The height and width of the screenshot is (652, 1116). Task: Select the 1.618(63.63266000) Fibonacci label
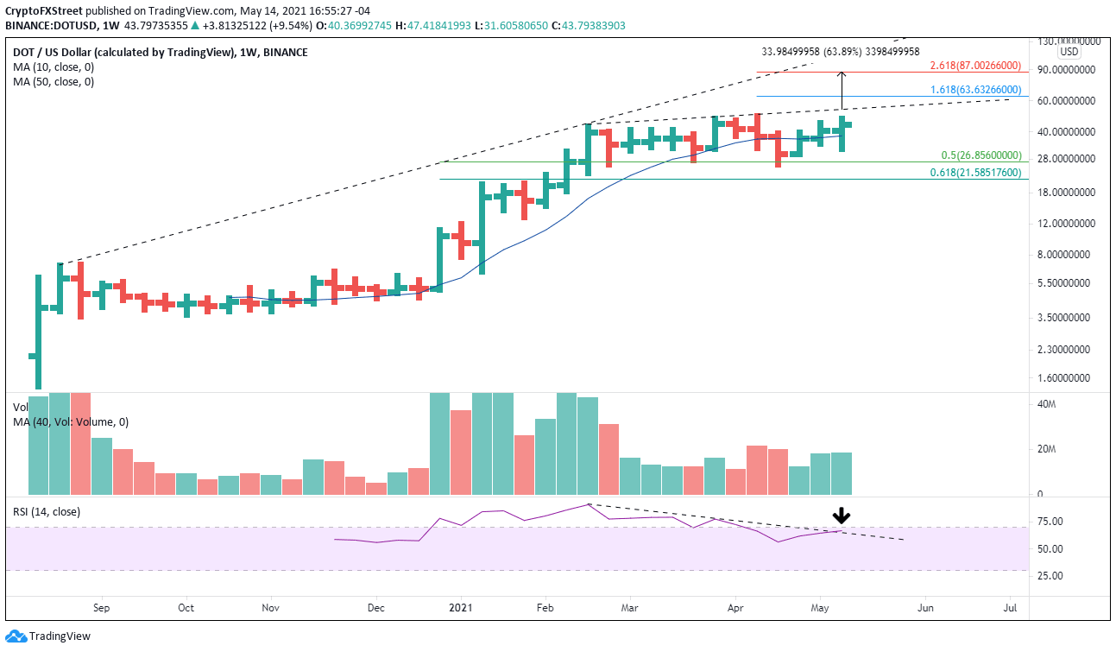pos(975,89)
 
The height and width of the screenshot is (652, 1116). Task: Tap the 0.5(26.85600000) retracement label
pos(980,155)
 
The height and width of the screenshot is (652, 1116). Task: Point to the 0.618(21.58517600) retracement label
pos(975,173)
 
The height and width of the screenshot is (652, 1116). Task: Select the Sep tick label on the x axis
pos(101,608)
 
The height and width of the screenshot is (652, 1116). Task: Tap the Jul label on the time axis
pos(1011,608)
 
